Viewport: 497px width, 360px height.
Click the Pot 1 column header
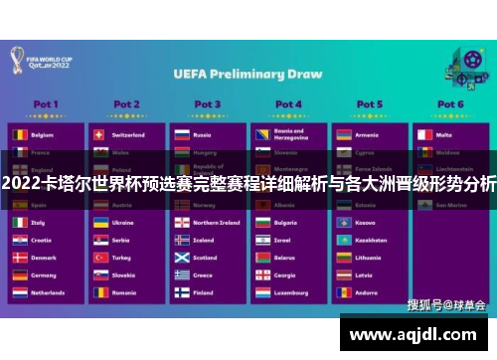(x=46, y=103)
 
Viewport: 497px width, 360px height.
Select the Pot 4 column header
(x=288, y=103)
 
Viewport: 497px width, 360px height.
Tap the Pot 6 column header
(x=450, y=103)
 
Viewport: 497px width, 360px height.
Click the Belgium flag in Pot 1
(x=19, y=134)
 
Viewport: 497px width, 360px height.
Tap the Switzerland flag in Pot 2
(x=99, y=134)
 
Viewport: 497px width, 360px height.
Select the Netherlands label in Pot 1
(x=48, y=293)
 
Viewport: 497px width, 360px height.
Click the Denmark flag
(x=19, y=258)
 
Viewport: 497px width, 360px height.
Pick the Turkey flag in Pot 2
(x=99, y=258)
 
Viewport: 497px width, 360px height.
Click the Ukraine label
(x=123, y=223)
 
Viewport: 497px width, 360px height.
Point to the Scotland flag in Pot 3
(x=181, y=258)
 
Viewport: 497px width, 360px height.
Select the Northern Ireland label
(x=216, y=223)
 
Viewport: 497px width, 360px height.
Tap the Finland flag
(x=181, y=293)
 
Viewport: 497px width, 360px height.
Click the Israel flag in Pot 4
(x=261, y=240)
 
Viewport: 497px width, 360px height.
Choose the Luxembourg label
(x=291, y=293)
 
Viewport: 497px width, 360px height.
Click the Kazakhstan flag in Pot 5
(x=342, y=240)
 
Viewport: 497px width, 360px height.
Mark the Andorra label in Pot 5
(x=366, y=293)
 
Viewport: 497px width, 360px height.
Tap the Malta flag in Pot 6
(x=423, y=134)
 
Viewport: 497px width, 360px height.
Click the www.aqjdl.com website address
(x=417, y=335)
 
